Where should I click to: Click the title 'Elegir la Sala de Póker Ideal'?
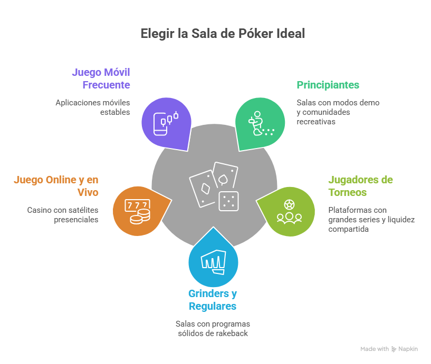[x=223, y=34]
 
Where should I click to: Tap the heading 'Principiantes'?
[x=328, y=84]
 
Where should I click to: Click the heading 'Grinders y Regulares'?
[x=213, y=300]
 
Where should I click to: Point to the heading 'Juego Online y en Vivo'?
[x=56, y=185]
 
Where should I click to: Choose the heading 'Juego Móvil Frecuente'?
[x=101, y=78]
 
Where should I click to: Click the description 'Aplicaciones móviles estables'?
[x=93, y=107]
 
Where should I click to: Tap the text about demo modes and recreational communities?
[x=338, y=112]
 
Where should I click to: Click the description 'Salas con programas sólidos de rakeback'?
[x=213, y=328]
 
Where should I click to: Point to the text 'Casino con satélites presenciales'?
[x=63, y=214]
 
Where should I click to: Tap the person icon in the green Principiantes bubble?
[x=257, y=123]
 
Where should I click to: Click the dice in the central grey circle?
[x=229, y=200]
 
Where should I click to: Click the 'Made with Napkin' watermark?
[x=388, y=349]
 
